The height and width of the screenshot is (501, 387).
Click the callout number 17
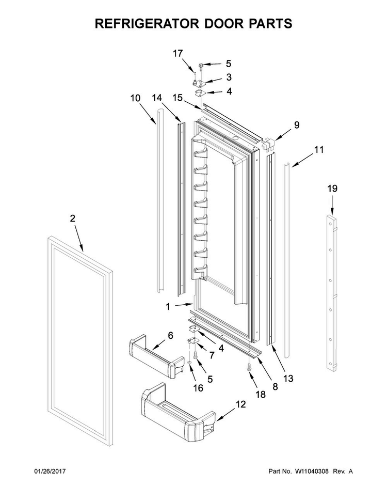(178, 53)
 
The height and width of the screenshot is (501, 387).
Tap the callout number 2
(72, 218)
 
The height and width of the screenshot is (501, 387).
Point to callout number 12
(240, 405)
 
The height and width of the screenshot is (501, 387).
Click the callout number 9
(296, 124)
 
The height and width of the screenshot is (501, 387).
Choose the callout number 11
(319, 150)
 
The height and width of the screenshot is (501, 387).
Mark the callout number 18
(261, 394)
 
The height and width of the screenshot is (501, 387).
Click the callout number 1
(168, 306)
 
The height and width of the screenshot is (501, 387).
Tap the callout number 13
(287, 379)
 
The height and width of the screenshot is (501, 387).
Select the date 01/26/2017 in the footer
(50, 471)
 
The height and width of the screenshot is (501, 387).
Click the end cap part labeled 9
(268, 145)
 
